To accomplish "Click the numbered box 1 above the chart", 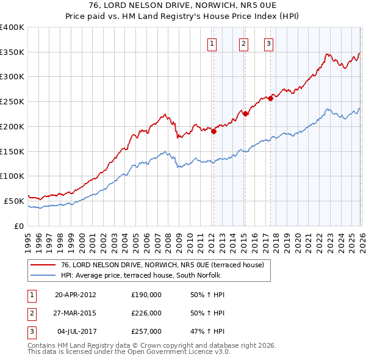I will coord(212,43).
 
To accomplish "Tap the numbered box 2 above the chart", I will coord(243,43).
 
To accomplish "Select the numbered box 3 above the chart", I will coord(268,43).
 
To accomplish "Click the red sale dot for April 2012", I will coord(213,131).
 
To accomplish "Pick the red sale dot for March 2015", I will coord(245,113).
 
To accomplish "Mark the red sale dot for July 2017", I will coord(270,98).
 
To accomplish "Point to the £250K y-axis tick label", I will coord(12,102).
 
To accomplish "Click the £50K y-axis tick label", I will coord(14,201).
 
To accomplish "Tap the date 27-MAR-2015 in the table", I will coord(76,313).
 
